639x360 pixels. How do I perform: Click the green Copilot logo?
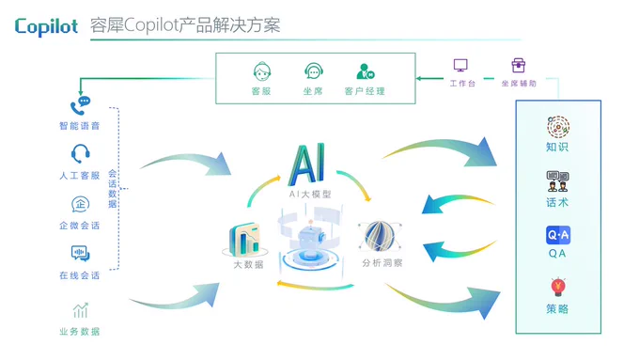pyautogui.click(x=46, y=27)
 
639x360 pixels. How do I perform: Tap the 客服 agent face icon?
pyautogui.click(x=262, y=72)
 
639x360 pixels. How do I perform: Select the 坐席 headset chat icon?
pyautogui.click(x=313, y=71)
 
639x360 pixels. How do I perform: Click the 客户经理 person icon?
pyautogui.click(x=366, y=71)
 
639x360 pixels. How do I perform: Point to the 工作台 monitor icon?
pyautogui.click(x=460, y=66)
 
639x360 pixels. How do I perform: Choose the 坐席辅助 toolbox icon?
pyautogui.click(x=519, y=65)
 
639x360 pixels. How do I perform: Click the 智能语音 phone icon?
pyautogui.click(x=80, y=105)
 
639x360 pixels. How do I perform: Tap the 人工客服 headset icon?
pyautogui.click(x=80, y=154)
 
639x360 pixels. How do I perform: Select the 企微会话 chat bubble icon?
pyautogui.click(x=80, y=204)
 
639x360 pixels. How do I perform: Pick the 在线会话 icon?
pyautogui.click(x=80, y=254)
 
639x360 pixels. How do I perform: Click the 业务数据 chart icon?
pyautogui.click(x=80, y=310)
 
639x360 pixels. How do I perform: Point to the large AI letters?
pyautogui.click(x=307, y=164)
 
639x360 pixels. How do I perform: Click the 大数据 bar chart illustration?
pyautogui.click(x=244, y=240)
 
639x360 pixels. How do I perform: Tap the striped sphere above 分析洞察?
pyautogui.click(x=380, y=236)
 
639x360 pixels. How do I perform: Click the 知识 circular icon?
pyautogui.click(x=558, y=127)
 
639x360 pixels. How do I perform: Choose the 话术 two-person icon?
pyautogui.click(x=557, y=181)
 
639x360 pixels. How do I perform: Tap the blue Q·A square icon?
pyautogui.click(x=558, y=235)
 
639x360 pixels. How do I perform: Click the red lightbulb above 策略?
pyautogui.click(x=558, y=287)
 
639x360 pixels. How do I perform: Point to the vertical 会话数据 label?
pyautogui.click(x=113, y=189)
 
